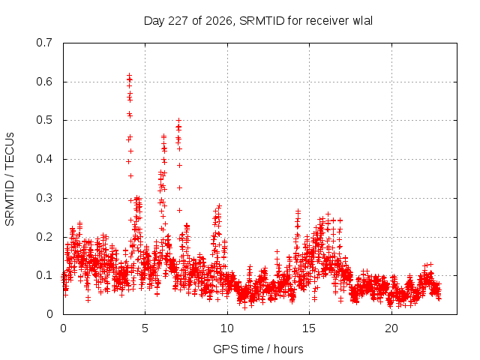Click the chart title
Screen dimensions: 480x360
(258, 21)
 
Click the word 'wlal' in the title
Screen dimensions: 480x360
(363, 21)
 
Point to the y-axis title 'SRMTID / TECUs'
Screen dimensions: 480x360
(10, 179)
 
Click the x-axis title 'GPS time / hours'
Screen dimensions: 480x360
(258, 349)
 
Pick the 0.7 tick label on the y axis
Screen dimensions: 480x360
(44, 43)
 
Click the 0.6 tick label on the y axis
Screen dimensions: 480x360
(44, 82)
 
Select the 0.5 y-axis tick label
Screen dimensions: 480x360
(44, 120)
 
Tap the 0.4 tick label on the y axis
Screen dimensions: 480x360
(44, 159)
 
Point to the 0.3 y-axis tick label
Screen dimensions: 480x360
(44, 198)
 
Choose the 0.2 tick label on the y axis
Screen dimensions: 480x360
(44, 237)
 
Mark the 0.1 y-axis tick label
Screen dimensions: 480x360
(44, 275)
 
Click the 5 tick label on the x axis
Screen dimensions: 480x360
(145, 328)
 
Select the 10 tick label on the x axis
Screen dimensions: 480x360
(227, 328)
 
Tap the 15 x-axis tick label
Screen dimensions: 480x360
(309, 328)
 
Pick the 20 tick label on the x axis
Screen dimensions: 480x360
(391, 328)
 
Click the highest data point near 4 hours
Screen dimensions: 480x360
(129, 75)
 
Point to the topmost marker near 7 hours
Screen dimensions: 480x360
(179, 120)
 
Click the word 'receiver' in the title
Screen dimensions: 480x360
(327, 21)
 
